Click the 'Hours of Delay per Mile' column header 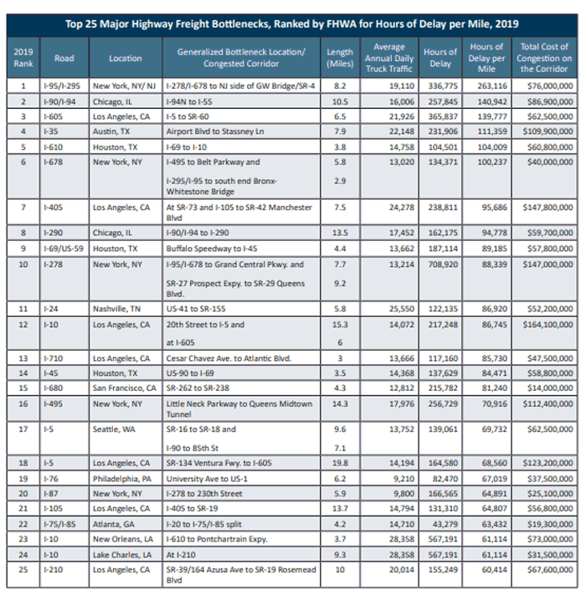coord(486,58)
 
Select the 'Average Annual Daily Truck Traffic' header coord(389,58)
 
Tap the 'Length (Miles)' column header coord(340,58)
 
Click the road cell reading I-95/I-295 coord(62,86)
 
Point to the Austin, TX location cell coord(111,131)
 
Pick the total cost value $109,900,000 coord(547,131)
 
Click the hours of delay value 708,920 coord(443,265)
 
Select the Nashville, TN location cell coord(116,309)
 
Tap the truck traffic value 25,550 coord(402,309)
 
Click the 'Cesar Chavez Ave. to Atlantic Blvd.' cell coord(229,359)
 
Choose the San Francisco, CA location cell coord(124,388)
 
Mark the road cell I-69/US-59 coord(64,249)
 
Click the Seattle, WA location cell coord(114,429)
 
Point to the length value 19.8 coord(340,463)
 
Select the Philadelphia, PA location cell coord(122,479)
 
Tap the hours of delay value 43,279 coord(445,524)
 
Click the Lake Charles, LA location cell coord(122,555)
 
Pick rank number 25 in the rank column coord(23,570)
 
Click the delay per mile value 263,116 coord(492,86)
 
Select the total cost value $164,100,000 coord(547,325)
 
